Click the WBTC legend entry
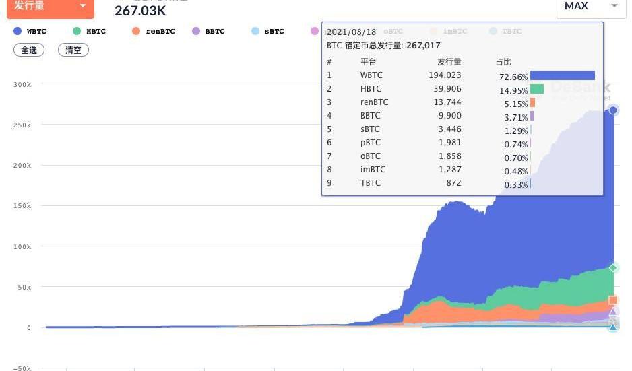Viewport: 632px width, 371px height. tap(30, 32)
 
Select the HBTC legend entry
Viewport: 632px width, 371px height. tap(90, 32)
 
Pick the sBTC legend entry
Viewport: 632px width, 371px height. tap(267, 32)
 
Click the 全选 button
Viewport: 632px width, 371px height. tap(29, 50)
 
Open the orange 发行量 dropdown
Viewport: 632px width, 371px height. tap(50, 7)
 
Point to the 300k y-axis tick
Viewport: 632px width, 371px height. tap(22, 84)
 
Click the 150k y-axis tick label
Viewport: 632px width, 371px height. tap(22, 206)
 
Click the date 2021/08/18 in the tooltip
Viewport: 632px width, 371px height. tap(351, 32)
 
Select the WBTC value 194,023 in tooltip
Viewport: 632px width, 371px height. tap(445, 75)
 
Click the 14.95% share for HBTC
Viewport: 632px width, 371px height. tap(513, 90)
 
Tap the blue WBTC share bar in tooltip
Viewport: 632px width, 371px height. tap(562, 75)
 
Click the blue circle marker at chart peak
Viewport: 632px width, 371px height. tap(613, 110)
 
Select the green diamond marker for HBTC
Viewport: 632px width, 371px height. tap(613, 268)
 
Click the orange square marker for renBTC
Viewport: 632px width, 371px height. tap(613, 300)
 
